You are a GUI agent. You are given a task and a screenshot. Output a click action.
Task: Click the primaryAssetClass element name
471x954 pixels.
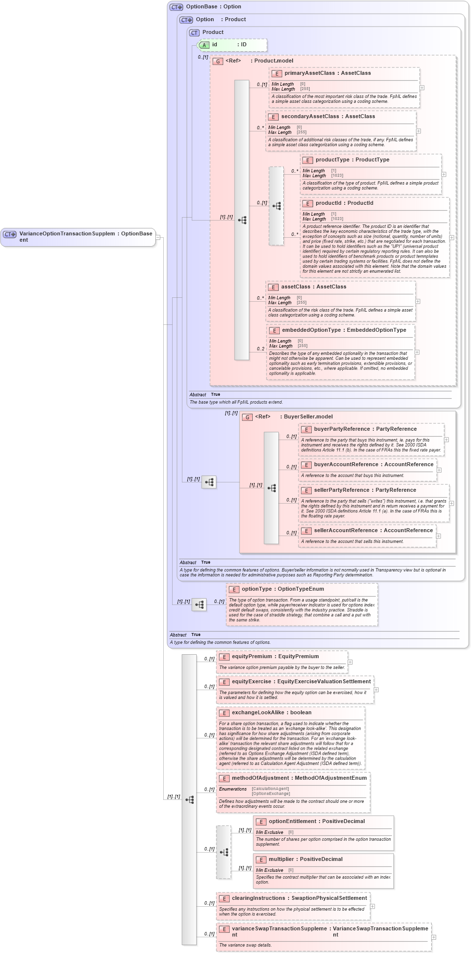point(309,73)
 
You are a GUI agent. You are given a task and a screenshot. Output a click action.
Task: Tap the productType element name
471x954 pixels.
point(332,159)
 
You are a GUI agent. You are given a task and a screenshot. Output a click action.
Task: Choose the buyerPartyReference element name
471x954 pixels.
point(342,429)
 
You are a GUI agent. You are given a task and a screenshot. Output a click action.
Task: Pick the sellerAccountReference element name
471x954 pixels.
point(346,530)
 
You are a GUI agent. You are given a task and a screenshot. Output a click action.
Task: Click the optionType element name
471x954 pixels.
point(257,589)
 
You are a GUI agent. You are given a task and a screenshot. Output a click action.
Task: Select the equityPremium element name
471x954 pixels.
point(252,656)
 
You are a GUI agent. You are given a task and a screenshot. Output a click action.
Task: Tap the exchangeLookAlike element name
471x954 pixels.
point(258,712)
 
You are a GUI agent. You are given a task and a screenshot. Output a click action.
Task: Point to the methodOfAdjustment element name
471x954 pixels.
point(261,778)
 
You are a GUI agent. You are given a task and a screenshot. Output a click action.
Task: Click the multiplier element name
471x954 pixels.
point(281,859)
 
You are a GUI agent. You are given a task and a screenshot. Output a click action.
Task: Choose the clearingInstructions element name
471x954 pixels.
point(259,898)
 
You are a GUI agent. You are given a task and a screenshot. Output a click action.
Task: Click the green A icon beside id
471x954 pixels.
point(205,45)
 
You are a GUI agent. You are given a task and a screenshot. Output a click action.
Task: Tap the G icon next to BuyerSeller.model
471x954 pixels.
point(247,417)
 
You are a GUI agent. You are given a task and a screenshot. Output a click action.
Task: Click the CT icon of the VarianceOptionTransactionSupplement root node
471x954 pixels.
point(10,234)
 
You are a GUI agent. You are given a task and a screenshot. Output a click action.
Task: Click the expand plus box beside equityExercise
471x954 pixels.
point(376,689)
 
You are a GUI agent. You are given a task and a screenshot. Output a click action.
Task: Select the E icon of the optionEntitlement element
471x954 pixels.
point(261,822)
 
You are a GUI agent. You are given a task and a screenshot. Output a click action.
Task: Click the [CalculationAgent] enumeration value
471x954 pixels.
point(270,789)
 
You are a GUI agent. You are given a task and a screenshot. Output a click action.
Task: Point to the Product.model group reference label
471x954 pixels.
point(273,61)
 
